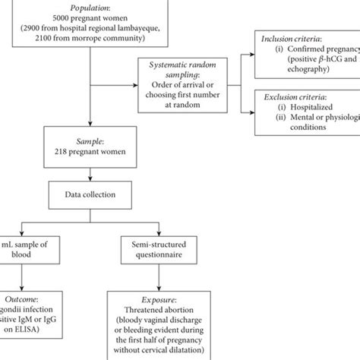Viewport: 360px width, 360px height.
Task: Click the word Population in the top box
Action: coord(90,7)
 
